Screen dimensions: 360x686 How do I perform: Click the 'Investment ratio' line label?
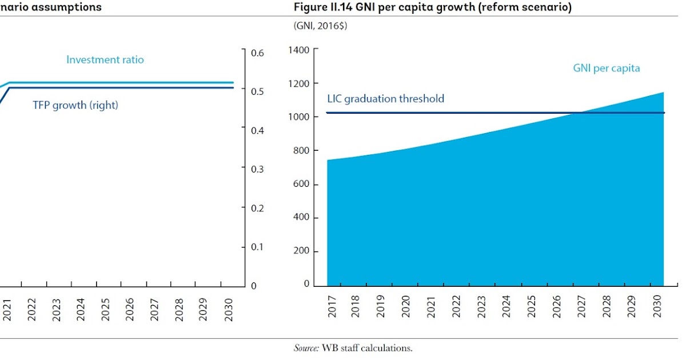pos(105,59)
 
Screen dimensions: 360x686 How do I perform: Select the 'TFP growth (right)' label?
pos(75,105)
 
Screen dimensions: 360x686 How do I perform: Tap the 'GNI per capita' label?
pos(606,68)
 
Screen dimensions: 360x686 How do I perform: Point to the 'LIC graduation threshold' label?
pos(385,98)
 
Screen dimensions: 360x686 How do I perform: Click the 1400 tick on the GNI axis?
pos(299,50)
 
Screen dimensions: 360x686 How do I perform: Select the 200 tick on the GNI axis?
pos(301,251)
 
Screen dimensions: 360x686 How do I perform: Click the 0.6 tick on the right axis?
pos(257,53)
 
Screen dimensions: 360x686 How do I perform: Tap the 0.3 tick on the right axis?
pos(257,169)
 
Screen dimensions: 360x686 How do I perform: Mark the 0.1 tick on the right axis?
pos(257,247)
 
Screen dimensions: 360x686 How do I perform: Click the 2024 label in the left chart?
pos(81,309)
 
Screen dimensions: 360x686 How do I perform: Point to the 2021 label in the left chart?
pos(7,309)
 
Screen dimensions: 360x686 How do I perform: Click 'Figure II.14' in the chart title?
pos(321,7)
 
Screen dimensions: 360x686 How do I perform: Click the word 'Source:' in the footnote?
pos(306,347)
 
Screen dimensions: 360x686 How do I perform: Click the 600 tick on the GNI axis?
pos(301,184)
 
